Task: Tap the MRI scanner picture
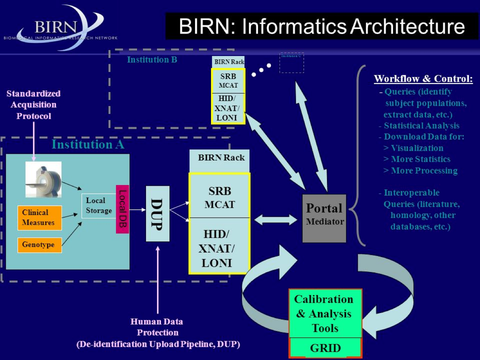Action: tap(43, 179)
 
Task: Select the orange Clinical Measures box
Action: tap(40, 218)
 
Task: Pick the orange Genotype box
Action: tap(40, 245)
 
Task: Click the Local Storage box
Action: tap(98, 206)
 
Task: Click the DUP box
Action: tap(157, 214)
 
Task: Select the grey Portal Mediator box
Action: tap(324, 218)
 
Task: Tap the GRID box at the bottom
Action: tap(325, 348)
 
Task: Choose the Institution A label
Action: tap(88, 145)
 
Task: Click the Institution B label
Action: tap(152, 60)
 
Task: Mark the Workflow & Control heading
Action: tap(423, 79)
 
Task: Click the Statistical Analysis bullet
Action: tap(421, 126)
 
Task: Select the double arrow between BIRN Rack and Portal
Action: tap(276, 220)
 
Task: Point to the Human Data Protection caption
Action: tap(157, 333)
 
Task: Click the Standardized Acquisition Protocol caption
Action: tap(34, 105)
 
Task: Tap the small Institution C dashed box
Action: tap(292, 63)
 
